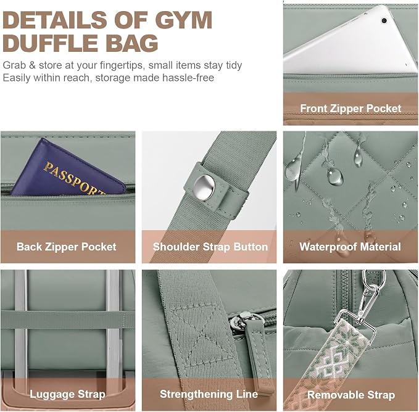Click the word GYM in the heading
pos(183,20)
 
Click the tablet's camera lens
pos(384,20)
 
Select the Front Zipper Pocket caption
pos(351,109)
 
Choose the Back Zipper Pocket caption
pos(66,247)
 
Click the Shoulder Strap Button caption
pos(210,247)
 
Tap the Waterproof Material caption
pos(350,247)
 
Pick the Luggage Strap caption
pos(67,394)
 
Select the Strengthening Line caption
pos(209,394)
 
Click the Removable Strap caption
pos(351,395)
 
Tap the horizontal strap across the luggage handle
pos(68,319)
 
